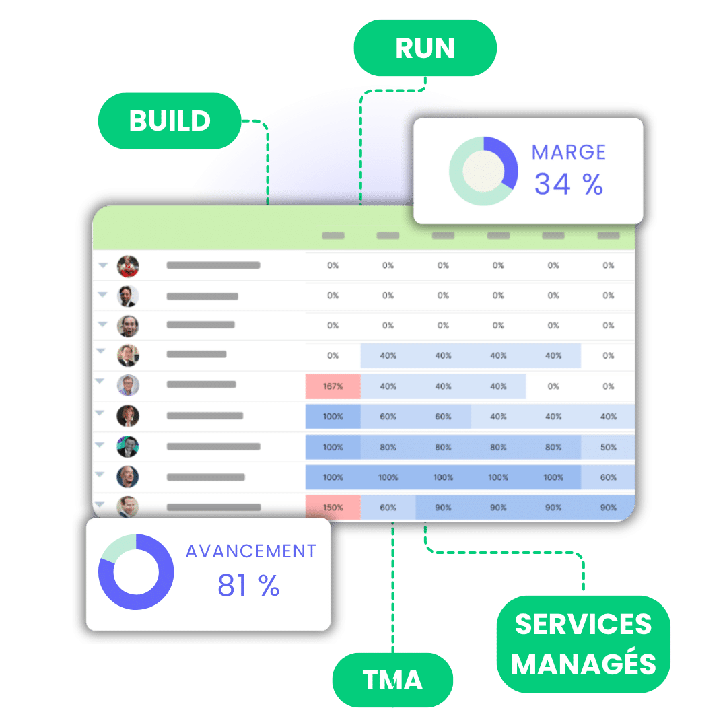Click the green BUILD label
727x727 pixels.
(170, 121)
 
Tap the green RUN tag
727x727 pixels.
(425, 48)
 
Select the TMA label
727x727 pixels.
(392, 680)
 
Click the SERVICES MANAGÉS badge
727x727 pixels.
(583, 644)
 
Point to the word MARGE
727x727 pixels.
(569, 152)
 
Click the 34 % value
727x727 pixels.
(569, 184)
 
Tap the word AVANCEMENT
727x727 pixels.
(251, 551)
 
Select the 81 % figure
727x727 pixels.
(248, 586)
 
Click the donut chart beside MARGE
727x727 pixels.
(483, 171)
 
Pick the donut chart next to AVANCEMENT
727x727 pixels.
(136, 572)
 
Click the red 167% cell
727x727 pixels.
(333, 386)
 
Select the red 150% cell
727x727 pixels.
(333, 508)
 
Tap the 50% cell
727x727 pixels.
(609, 447)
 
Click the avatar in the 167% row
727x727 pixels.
(128, 385)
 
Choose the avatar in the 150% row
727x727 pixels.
(128, 506)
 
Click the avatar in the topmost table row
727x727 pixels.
(128, 266)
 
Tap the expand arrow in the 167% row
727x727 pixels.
(100, 381)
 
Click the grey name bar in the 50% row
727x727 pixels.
(213, 446)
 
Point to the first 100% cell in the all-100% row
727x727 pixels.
(333, 477)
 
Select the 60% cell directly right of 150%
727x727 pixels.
(388, 508)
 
